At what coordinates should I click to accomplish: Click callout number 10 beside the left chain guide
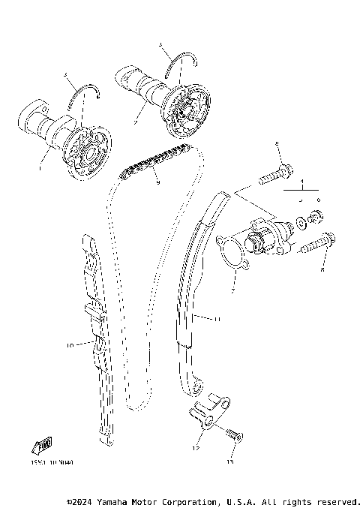tap(69, 346)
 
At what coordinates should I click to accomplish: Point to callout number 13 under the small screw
tap(229, 463)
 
